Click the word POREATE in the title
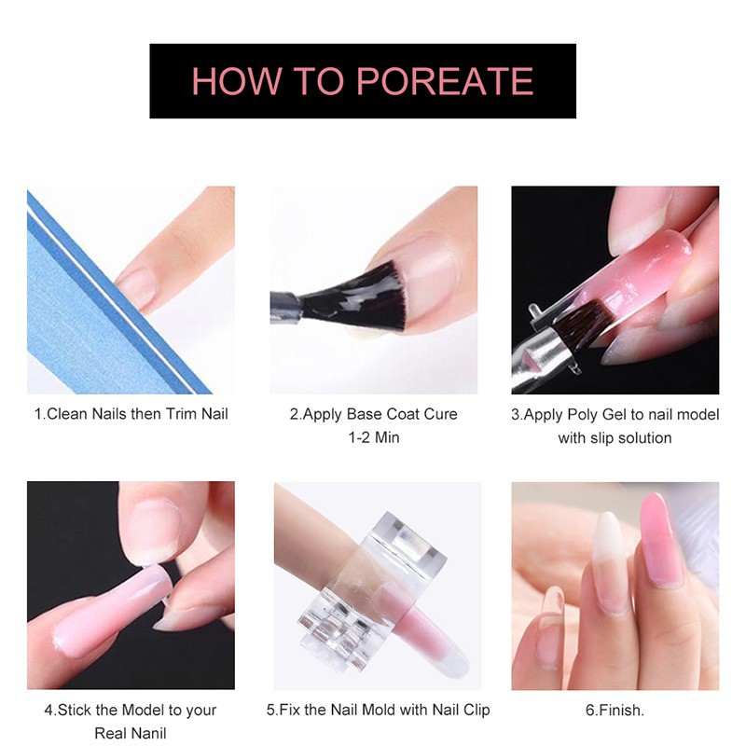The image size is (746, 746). [445, 81]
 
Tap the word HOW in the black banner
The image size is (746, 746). [236, 81]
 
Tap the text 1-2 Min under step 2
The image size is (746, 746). [374, 437]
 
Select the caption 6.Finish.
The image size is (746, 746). [615, 711]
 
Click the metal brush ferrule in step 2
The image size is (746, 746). [285, 307]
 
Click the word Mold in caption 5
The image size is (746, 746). [379, 711]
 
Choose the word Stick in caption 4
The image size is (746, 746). [75, 711]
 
